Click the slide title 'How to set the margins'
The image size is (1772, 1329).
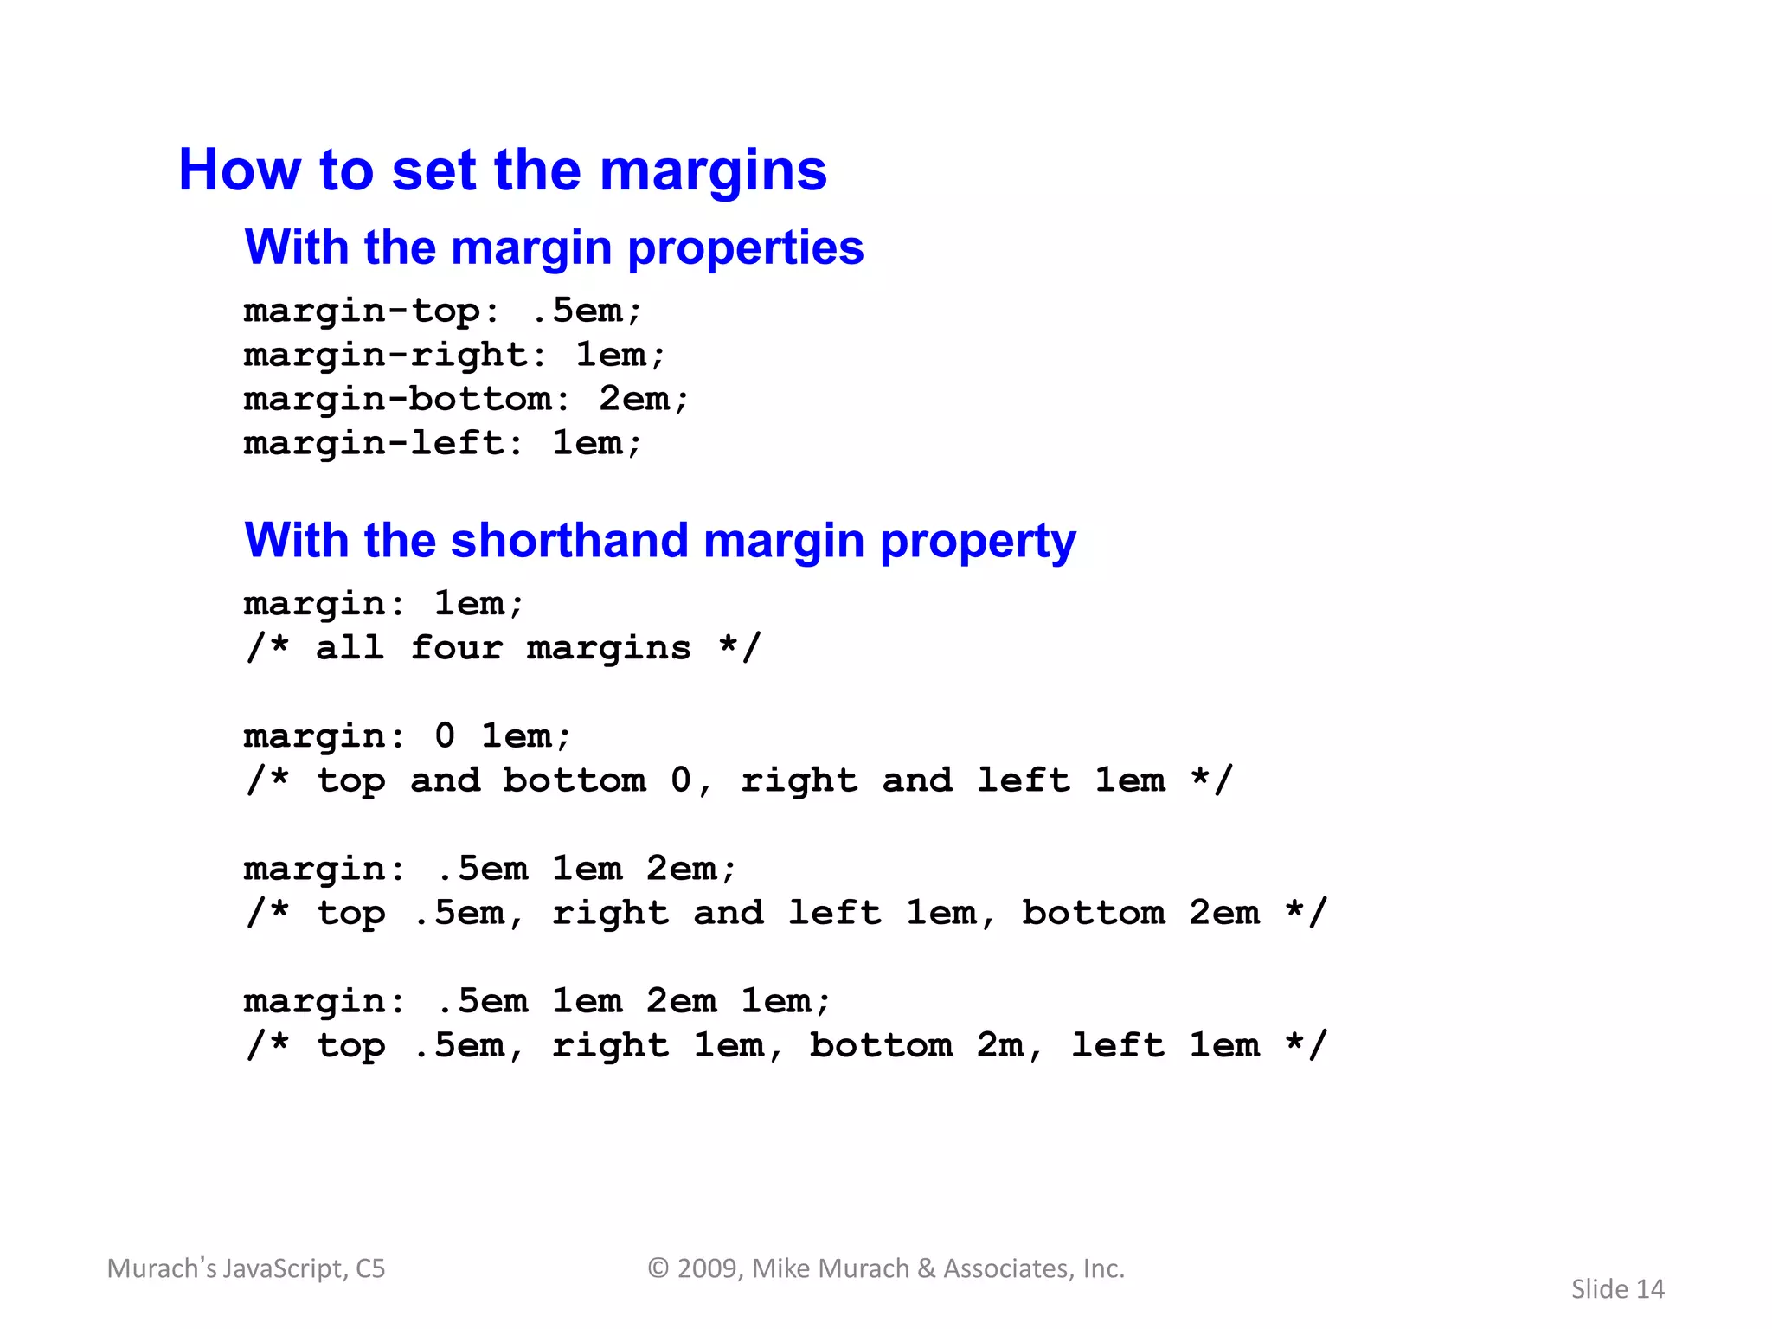[x=502, y=170]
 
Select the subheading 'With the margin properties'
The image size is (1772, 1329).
[x=554, y=247]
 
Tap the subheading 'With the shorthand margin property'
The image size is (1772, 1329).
[x=660, y=541]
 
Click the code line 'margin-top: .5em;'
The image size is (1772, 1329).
[x=442, y=311]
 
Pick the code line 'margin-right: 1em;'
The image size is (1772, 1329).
[x=454, y=355]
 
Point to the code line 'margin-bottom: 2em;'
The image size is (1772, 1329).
[x=465, y=399]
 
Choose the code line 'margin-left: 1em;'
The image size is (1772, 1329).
[x=442, y=443]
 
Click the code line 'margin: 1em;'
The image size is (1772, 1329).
[x=383, y=603]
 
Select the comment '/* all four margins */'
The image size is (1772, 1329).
[x=502, y=647]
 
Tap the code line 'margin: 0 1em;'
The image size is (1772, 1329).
[x=407, y=736]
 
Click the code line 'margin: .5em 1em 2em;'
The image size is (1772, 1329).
[x=490, y=869]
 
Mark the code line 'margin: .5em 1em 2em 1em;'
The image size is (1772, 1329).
[x=536, y=1001]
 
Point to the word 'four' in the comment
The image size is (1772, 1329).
[x=456, y=647]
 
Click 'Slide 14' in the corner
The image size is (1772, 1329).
[x=1617, y=1289]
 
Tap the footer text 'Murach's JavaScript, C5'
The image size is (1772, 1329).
[x=246, y=1268]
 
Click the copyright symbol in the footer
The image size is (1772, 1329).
[x=658, y=1268]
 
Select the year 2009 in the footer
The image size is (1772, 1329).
[x=709, y=1268]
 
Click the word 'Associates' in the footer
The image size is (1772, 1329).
[x=1009, y=1268]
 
